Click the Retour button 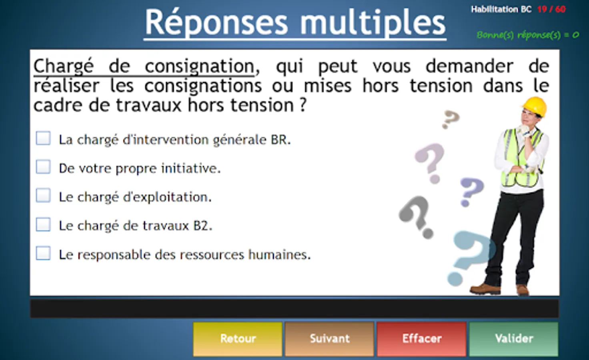[237, 339]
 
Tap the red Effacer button [421, 339]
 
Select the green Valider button [514, 339]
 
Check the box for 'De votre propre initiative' [43, 167]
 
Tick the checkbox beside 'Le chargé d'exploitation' [43, 195]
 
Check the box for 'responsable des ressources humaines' [43, 253]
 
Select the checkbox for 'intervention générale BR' [43, 138]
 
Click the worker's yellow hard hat [534, 106]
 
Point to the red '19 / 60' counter [551, 10]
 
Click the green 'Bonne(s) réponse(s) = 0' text [527, 35]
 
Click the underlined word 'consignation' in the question [200, 67]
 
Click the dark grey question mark [417, 217]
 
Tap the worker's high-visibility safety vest [522, 158]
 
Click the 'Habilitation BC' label [501, 10]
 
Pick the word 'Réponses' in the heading [216, 22]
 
